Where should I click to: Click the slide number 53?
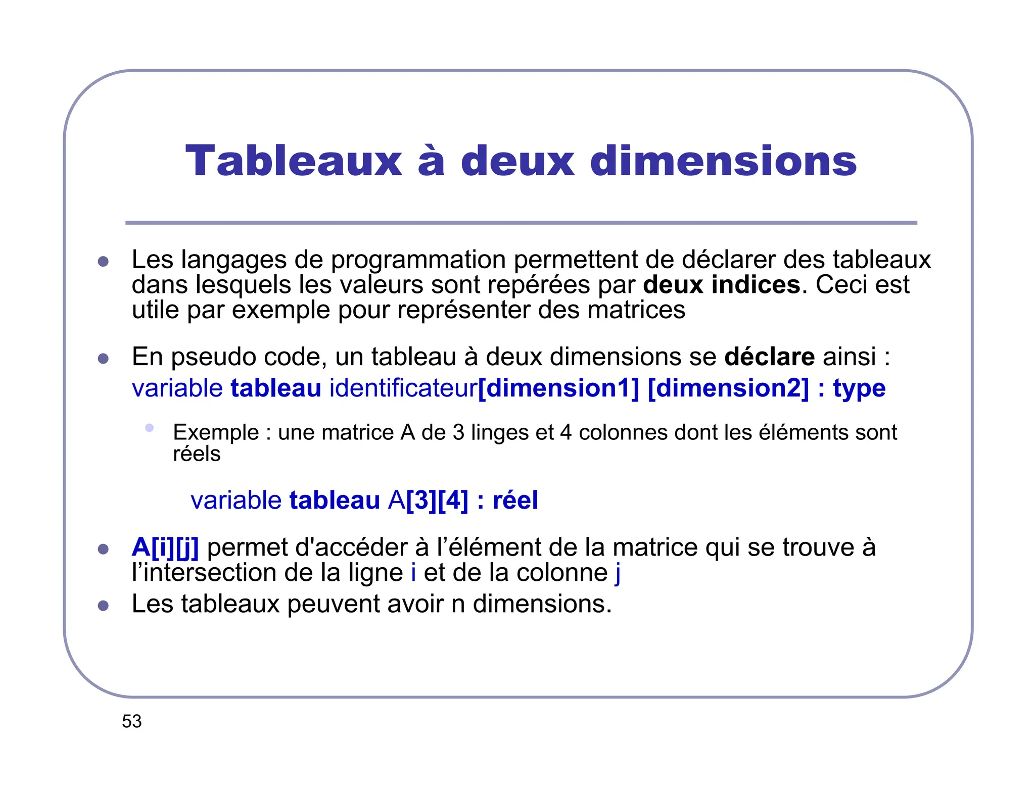tap(132, 721)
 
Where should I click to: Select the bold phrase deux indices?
tap(722, 284)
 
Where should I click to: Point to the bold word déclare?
tap(769, 357)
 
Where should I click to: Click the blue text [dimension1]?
tap(558, 388)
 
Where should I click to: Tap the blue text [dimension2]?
tap(728, 388)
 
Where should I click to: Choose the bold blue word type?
tap(859, 389)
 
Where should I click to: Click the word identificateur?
tap(403, 388)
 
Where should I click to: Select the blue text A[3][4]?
tap(429, 500)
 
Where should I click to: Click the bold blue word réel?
tap(515, 500)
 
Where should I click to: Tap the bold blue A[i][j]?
tap(165, 547)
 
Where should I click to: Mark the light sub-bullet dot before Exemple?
tap(149, 428)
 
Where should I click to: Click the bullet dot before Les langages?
tap(103, 261)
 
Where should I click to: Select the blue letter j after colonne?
tap(618, 573)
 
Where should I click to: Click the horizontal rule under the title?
tap(521, 223)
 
